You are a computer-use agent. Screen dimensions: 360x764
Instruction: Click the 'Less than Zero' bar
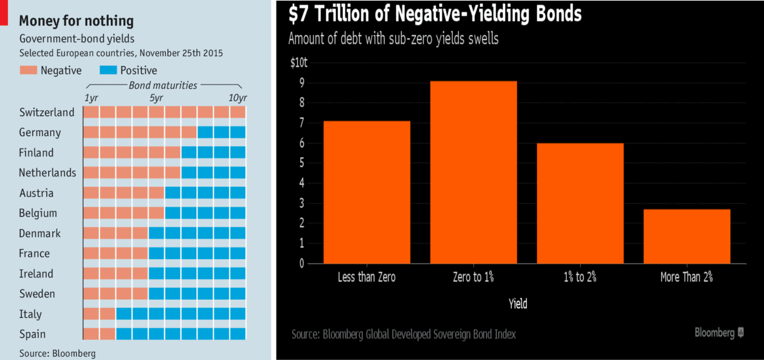click(367, 192)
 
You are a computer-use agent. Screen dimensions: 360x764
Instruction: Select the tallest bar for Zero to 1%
click(473, 172)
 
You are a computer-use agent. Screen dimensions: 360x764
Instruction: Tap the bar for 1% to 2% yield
click(580, 203)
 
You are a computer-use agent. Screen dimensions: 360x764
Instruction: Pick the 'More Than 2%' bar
click(686, 236)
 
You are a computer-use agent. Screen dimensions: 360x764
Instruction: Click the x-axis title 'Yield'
click(517, 304)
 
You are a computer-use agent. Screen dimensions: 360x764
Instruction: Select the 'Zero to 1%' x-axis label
click(473, 277)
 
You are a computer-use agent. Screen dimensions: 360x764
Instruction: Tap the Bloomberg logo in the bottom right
click(719, 333)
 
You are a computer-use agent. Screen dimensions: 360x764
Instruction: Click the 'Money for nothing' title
click(76, 21)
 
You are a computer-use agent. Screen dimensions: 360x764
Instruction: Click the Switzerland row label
click(47, 113)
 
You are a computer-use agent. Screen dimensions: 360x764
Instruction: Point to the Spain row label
click(33, 334)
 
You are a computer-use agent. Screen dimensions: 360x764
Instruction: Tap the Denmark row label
click(40, 233)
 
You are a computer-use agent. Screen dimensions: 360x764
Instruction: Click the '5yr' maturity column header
click(156, 98)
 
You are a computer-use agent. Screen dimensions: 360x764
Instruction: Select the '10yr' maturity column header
click(237, 98)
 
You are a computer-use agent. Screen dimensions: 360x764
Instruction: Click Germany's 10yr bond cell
click(238, 132)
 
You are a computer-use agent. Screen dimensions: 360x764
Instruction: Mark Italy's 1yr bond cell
click(91, 314)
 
